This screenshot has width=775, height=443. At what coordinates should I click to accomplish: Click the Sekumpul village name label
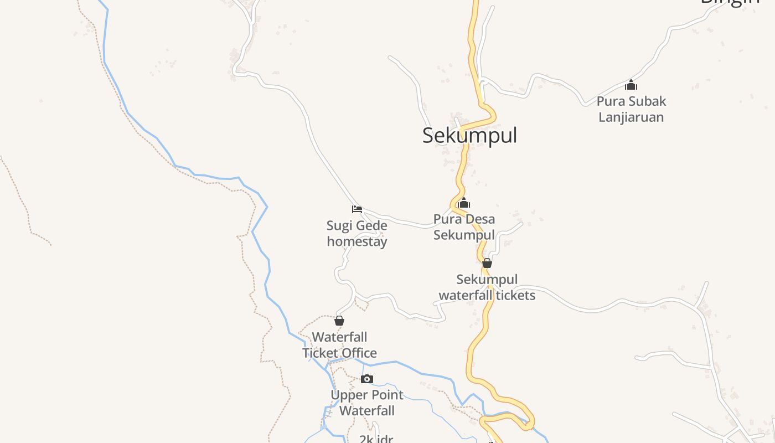[x=469, y=135]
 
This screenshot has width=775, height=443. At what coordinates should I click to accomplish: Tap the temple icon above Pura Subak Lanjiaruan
[x=631, y=85]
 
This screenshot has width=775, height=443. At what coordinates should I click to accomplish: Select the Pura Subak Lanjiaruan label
[x=631, y=109]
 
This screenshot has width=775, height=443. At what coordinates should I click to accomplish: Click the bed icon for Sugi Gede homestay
[x=357, y=209]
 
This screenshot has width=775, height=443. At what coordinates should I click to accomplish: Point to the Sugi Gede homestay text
[x=357, y=234]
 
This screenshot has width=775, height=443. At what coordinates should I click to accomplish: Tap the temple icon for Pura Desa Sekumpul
[x=464, y=203]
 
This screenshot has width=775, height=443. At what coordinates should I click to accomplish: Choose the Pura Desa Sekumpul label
[x=464, y=227]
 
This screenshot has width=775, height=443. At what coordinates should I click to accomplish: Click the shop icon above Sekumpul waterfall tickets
[x=487, y=263]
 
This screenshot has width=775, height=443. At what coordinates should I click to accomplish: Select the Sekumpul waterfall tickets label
[x=487, y=287]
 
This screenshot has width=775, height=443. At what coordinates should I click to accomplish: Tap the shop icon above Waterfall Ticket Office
[x=339, y=321]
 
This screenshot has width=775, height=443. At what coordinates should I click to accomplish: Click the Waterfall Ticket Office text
[x=339, y=345]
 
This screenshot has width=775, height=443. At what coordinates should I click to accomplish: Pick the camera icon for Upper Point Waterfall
[x=366, y=379]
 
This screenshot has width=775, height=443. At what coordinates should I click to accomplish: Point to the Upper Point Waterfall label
[x=367, y=403]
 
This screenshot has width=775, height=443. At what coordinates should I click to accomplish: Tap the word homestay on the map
[x=357, y=242]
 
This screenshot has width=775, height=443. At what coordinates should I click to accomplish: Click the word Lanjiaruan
[x=631, y=117]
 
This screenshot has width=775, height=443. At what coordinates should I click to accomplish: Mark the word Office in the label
[x=359, y=353]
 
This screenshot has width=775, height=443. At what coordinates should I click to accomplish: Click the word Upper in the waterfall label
[x=347, y=395]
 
